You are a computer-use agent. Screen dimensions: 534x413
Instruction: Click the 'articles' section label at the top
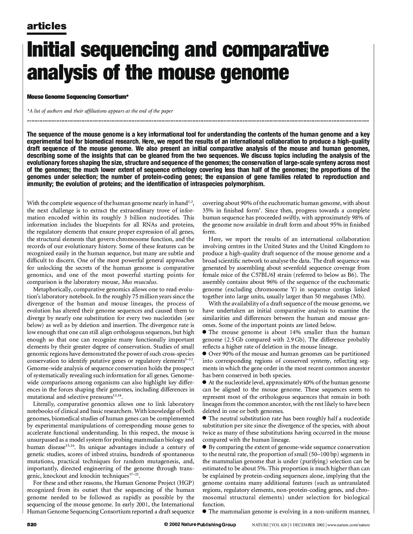pos(47,26)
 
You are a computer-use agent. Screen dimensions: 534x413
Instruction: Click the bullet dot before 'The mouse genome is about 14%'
pos(204,332)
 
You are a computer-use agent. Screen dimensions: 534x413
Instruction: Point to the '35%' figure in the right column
pos(208,210)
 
